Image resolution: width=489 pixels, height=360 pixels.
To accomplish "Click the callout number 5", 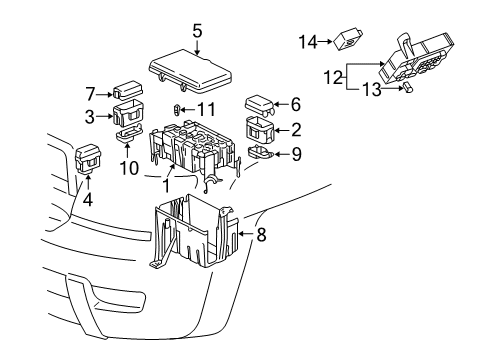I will pyautogui.click(x=197, y=30).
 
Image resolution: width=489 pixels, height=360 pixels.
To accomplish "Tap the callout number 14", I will pyautogui.click(x=307, y=41).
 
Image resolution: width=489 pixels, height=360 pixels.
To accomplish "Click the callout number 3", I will pyautogui.click(x=90, y=118).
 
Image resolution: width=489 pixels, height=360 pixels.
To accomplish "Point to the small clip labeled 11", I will pyautogui.click(x=178, y=109).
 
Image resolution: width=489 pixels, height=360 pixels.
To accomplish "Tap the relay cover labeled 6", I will pyautogui.click(x=261, y=104).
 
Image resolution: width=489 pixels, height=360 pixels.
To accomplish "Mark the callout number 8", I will pyautogui.click(x=263, y=236).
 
